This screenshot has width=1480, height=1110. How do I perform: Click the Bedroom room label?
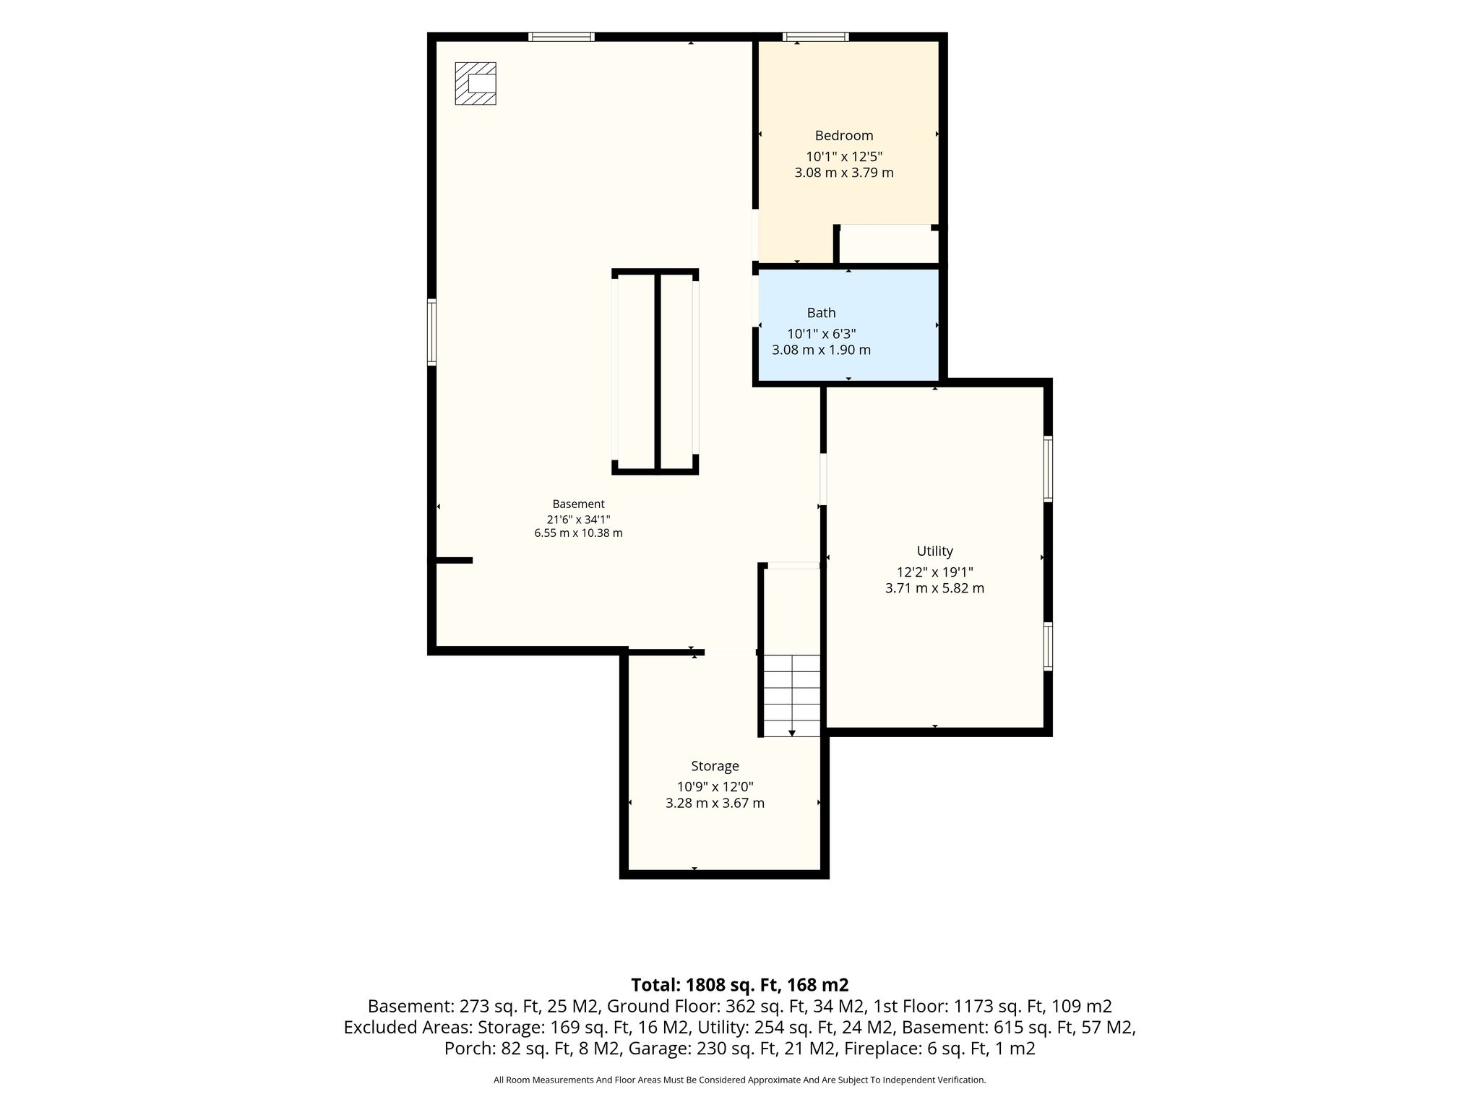click(x=844, y=136)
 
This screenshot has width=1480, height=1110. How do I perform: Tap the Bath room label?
click(x=821, y=313)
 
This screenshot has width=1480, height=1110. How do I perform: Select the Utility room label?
click(x=935, y=551)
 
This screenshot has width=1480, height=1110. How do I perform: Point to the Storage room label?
click(x=715, y=766)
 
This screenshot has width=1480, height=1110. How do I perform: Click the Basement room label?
click(x=578, y=504)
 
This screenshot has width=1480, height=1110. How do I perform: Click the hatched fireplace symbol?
click(x=476, y=84)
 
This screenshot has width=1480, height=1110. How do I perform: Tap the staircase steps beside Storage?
click(x=792, y=695)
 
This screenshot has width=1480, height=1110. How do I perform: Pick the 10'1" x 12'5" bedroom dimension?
click(x=844, y=156)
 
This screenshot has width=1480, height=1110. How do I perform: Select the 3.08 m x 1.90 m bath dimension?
click(x=821, y=350)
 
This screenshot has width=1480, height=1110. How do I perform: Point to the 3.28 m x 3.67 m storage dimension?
click(x=715, y=804)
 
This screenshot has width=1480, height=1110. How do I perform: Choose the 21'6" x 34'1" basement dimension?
click(x=578, y=520)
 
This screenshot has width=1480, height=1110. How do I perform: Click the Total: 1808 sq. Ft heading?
click(x=740, y=985)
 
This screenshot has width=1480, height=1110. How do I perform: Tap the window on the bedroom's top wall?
click(x=815, y=37)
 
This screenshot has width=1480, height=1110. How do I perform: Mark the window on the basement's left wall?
click(x=432, y=332)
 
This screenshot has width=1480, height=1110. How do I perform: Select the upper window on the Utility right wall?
click(x=1048, y=468)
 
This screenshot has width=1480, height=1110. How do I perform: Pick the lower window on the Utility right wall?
click(x=1048, y=646)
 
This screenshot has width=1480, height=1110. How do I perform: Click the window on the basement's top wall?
click(x=561, y=37)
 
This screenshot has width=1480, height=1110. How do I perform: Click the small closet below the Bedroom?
click(x=888, y=245)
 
